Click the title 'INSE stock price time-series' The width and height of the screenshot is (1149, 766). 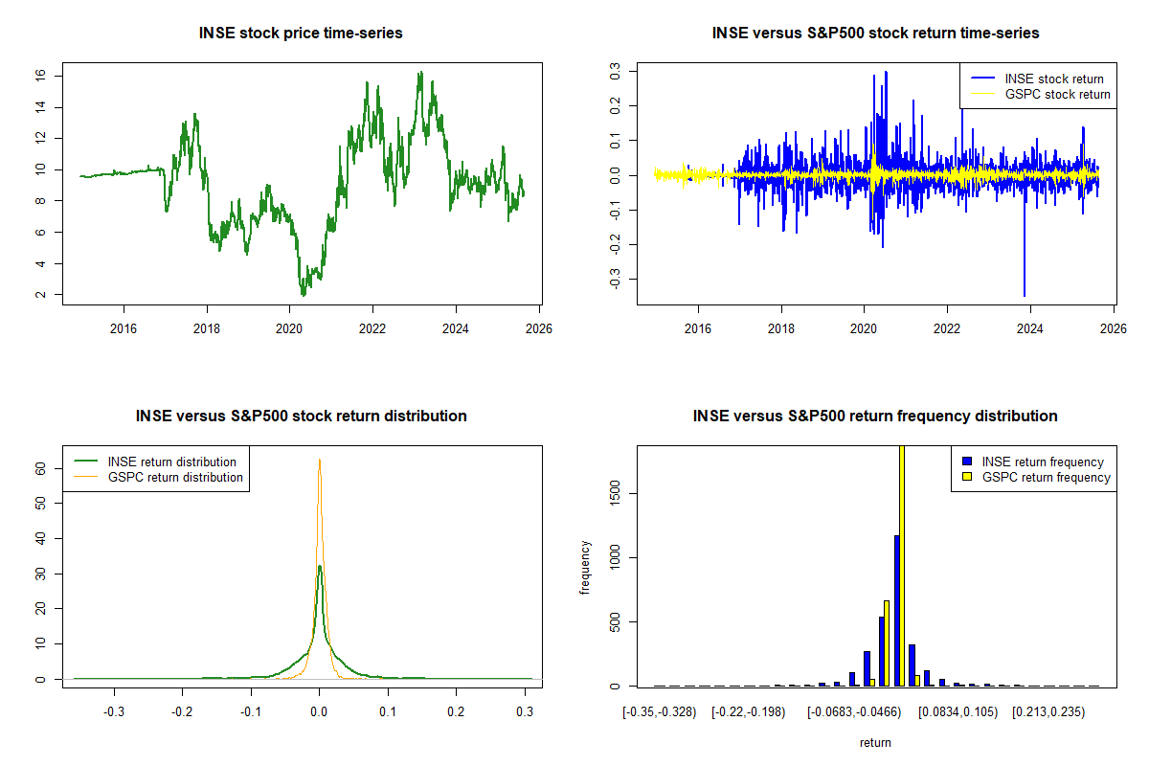coord(301,34)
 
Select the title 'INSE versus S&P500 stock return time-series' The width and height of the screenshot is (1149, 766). coord(875,34)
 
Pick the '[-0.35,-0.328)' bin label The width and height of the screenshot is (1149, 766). coord(660,712)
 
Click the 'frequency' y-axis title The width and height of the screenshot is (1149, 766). coord(585,568)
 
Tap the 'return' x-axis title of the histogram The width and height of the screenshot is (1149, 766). coord(875,743)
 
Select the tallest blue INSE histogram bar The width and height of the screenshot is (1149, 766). coord(896,613)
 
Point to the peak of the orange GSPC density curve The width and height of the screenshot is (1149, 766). coord(319,460)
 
